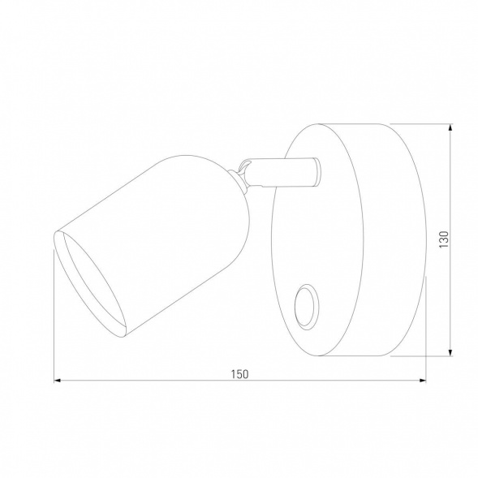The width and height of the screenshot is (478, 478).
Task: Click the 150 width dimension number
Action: tap(239, 373)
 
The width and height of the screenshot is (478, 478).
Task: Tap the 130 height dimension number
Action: tap(443, 240)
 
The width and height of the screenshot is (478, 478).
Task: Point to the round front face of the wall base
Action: tap(317, 243)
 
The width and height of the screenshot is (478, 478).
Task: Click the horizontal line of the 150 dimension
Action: tap(162, 381)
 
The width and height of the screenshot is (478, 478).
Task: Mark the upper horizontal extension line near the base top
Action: tap(422, 124)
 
